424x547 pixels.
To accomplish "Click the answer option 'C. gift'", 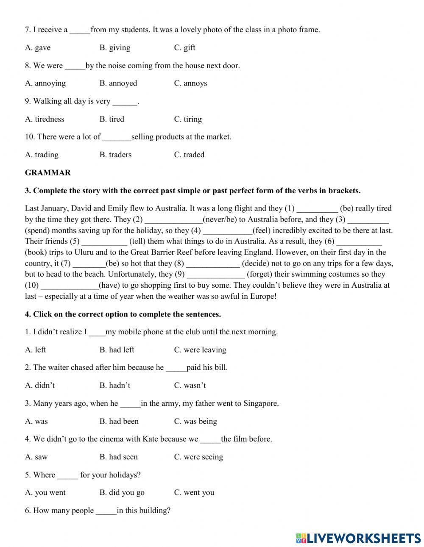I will pyautogui.click(x=184, y=47).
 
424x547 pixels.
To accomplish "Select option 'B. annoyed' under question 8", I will pyautogui.click(x=118, y=83).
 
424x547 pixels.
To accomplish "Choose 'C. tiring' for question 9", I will pyautogui.click(x=188, y=119).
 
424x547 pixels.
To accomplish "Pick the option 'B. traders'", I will pyautogui.click(x=115, y=155).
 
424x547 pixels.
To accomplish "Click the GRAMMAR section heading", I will pyautogui.click(x=48, y=172).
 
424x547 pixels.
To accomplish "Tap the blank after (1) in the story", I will pyautogui.click(x=317, y=208).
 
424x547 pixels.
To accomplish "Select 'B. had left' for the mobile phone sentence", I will pyautogui.click(x=117, y=350).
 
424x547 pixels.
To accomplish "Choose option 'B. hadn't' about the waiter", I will pyautogui.click(x=115, y=385).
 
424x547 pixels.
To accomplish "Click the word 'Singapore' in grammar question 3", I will pyautogui.click(x=260, y=403).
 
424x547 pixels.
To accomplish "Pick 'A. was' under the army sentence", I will pyautogui.click(x=36, y=421).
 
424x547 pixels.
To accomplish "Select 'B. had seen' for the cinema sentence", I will pyautogui.click(x=119, y=457).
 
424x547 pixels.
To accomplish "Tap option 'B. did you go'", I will pyautogui.click(x=122, y=492).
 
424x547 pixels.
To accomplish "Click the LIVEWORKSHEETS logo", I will pyautogui.click(x=358, y=538).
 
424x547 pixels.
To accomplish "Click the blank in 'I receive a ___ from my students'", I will pyautogui.click(x=80, y=30).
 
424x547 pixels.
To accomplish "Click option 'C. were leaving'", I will pyautogui.click(x=200, y=350).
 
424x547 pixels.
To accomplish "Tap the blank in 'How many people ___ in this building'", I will pyautogui.click(x=106, y=511).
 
